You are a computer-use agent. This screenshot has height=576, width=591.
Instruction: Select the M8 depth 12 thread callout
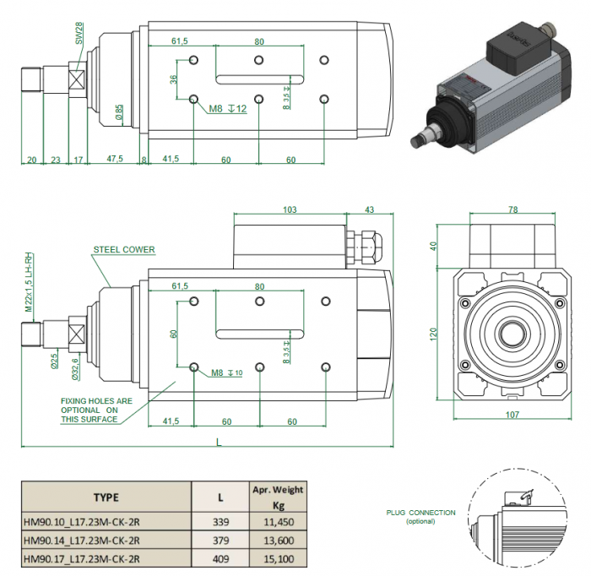point(228,108)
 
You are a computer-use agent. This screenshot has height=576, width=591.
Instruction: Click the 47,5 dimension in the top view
point(115,159)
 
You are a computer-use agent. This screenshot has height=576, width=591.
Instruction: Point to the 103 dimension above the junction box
point(290,209)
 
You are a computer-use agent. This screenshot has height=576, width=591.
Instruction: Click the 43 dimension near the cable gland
point(369,209)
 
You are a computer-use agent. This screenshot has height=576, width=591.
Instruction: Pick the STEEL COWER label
point(124,250)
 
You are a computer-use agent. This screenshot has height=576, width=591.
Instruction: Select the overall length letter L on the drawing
point(218,441)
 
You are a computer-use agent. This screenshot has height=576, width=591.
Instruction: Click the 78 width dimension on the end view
point(512,209)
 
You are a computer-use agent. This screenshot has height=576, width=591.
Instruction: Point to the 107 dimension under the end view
point(512,414)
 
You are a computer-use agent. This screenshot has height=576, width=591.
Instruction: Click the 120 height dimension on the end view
point(434,334)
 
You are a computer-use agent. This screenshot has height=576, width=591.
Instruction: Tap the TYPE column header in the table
point(106,497)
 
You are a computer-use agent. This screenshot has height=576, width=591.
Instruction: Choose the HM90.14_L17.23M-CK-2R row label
point(81,541)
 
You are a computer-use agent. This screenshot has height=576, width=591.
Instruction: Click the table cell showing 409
point(220,558)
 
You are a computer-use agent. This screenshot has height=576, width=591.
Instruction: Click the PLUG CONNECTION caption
point(421,514)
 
